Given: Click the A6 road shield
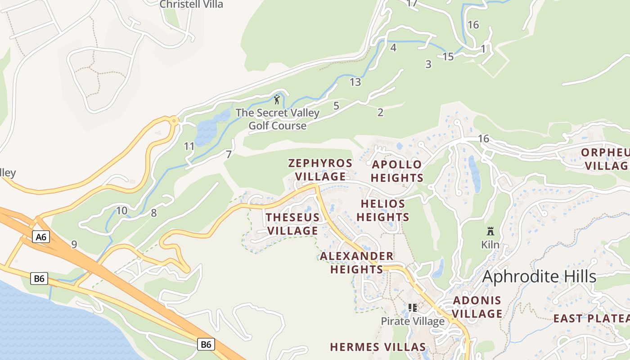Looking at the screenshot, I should (x=40, y=237).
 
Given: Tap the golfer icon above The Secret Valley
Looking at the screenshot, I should (x=277, y=99).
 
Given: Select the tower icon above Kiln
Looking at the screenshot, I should (x=490, y=231).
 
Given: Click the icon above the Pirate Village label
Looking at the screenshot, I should (x=412, y=308).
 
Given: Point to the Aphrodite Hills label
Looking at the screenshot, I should (x=539, y=277).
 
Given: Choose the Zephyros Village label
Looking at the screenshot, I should (x=320, y=170).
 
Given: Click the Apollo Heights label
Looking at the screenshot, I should (x=397, y=171).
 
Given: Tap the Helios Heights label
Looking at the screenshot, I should (x=382, y=211).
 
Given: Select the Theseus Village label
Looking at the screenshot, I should (x=292, y=224).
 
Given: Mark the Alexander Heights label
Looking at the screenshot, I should (x=357, y=263).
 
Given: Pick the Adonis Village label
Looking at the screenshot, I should (x=477, y=307).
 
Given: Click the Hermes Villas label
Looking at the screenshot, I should (x=378, y=347).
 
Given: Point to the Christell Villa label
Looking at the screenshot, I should (x=191, y=4).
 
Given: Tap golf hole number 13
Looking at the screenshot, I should (x=355, y=82).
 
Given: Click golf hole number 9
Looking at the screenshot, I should (x=74, y=244).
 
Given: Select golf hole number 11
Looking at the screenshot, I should (x=189, y=146).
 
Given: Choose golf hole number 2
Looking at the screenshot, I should (x=380, y=112).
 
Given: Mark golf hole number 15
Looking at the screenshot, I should (x=448, y=57).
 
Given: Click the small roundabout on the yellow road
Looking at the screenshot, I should (x=174, y=120).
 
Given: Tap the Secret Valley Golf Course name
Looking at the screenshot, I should (x=278, y=119).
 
